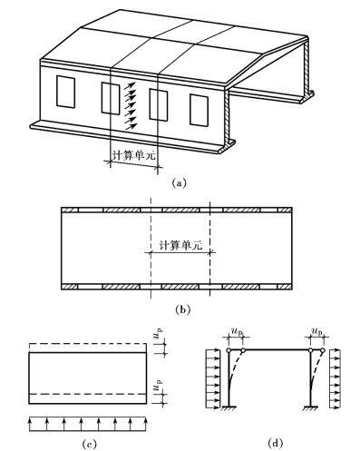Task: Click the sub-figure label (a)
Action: (180, 183)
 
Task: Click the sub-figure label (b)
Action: (183, 309)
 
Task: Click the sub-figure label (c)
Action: (90, 444)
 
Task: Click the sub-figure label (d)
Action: (276, 443)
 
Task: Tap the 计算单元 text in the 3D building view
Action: (133, 154)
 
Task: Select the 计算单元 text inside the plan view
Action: (180, 245)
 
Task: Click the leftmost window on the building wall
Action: (65, 92)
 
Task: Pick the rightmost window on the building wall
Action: (199, 110)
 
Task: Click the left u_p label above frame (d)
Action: (237, 331)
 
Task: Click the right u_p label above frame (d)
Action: (316, 331)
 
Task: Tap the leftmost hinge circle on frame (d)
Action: (229, 350)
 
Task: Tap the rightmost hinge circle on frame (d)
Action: (323, 350)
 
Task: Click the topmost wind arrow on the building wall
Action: (130, 86)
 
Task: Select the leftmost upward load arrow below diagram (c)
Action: (30, 424)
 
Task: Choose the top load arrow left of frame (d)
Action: (213, 352)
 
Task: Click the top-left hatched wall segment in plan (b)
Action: (70, 210)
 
